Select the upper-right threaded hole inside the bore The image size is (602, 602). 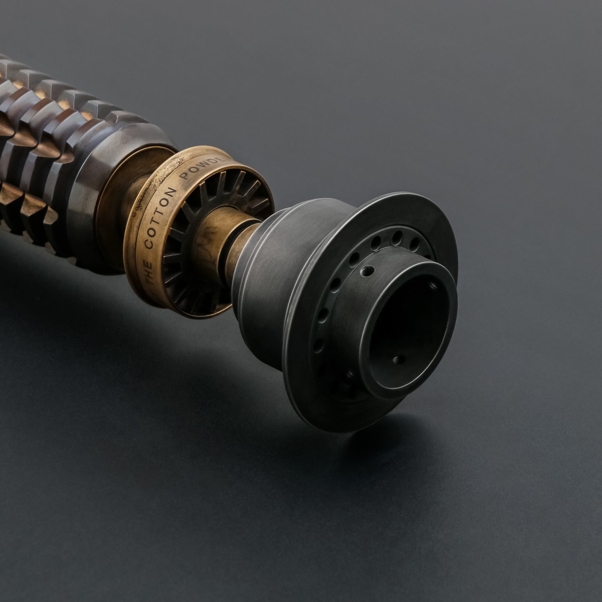432,286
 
